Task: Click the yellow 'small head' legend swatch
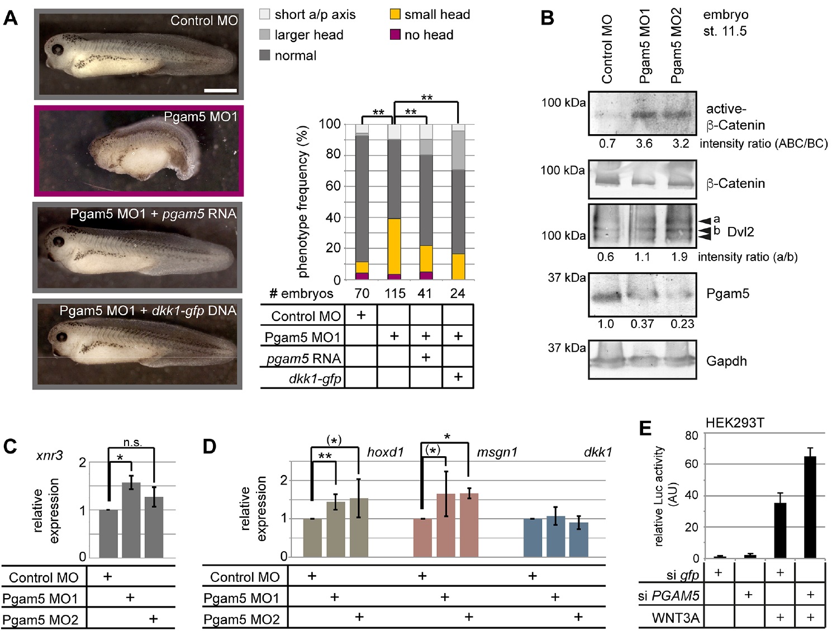(x=395, y=15)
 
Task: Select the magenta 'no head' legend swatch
(x=395, y=35)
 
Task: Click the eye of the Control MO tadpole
(x=57, y=49)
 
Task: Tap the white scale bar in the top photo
(x=220, y=90)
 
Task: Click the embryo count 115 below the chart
(x=394, y=293)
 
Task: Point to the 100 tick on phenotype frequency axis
(x=330, y=124)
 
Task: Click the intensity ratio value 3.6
(x=644, y=144)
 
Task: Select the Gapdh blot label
(x=726, y=361)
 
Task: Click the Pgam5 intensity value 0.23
(x=682, y=324)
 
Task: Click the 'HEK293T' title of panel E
(x=735, y=423)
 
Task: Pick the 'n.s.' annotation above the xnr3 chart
(x=132, y=443)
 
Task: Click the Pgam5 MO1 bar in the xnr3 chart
(x=131, y=520)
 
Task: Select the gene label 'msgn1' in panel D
(x=497, y=452)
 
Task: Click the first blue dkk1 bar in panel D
(x=533, y=538)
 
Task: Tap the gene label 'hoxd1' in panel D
(x=385, y=452)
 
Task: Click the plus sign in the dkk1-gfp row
(x=458, y=377)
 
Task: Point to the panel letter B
(x=548, y=18)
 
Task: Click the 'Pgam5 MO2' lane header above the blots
(x=676, y=46)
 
